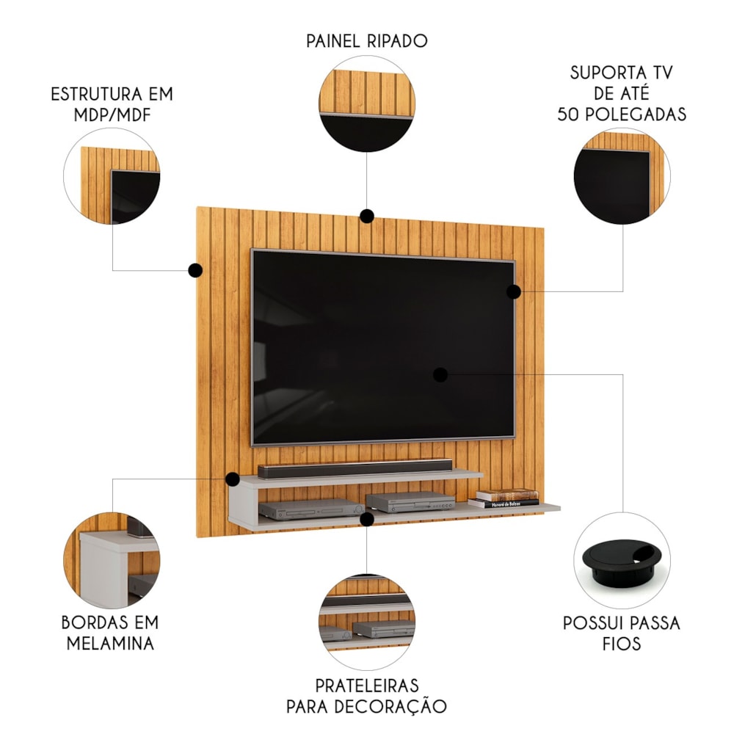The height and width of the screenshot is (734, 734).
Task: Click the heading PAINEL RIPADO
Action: (367, 40)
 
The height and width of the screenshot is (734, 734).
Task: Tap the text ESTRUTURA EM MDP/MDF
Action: (112, 104)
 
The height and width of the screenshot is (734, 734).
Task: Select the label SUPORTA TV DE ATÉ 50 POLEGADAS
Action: (622, 93)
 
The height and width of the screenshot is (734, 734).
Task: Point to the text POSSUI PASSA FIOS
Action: (622, 633)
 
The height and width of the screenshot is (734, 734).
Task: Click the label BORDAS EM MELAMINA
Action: (111, 633)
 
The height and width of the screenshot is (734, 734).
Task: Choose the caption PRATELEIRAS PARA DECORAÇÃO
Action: (366, 696)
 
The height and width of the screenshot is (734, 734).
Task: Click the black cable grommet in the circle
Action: (622, 560)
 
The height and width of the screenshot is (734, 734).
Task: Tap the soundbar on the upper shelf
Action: (355, 468)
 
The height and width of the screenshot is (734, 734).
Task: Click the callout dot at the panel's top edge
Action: (367, 217)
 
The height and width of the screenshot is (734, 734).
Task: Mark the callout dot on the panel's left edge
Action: (195, 270)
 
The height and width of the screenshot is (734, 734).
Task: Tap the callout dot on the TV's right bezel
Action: (514, 291)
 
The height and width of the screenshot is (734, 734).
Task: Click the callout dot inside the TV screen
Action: (440, 374)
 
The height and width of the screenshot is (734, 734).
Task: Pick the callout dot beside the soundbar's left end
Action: (232, 479)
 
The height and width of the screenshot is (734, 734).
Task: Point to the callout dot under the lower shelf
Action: (367, 519)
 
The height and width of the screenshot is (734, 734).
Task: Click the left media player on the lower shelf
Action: (311, 509)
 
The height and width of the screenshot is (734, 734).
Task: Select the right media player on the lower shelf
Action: (410, 501)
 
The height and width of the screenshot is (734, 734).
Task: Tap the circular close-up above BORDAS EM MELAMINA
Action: (112, 560)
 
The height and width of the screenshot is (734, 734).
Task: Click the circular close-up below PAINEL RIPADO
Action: (367, 104)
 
